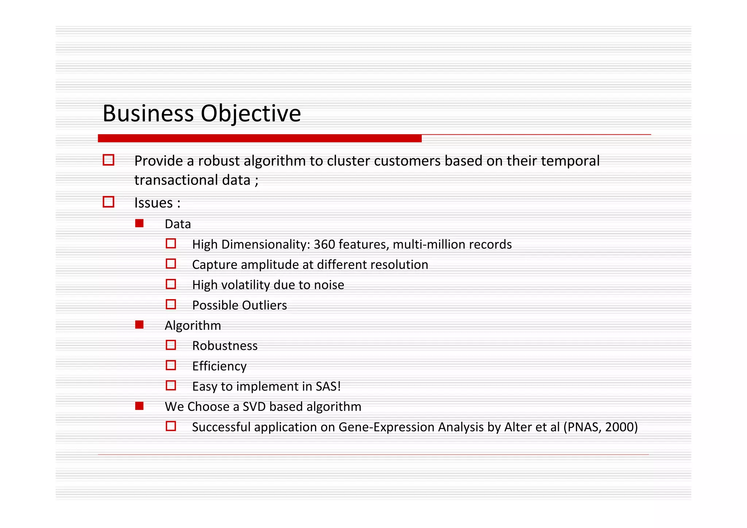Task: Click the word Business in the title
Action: click(x=148, y=113)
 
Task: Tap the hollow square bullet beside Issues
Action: click(x=108, y=202)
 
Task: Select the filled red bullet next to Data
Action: click(x=139, y=223)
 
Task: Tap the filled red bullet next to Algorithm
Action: click(x=139, y=325)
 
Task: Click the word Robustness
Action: click(x=225, y=346)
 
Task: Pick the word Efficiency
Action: click(x=219, y=366)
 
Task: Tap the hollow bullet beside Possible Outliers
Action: click(x=171, y=304)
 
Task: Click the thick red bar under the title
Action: click(x=260, y=138)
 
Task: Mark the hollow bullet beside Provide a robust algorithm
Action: click(x=108, y=160)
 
